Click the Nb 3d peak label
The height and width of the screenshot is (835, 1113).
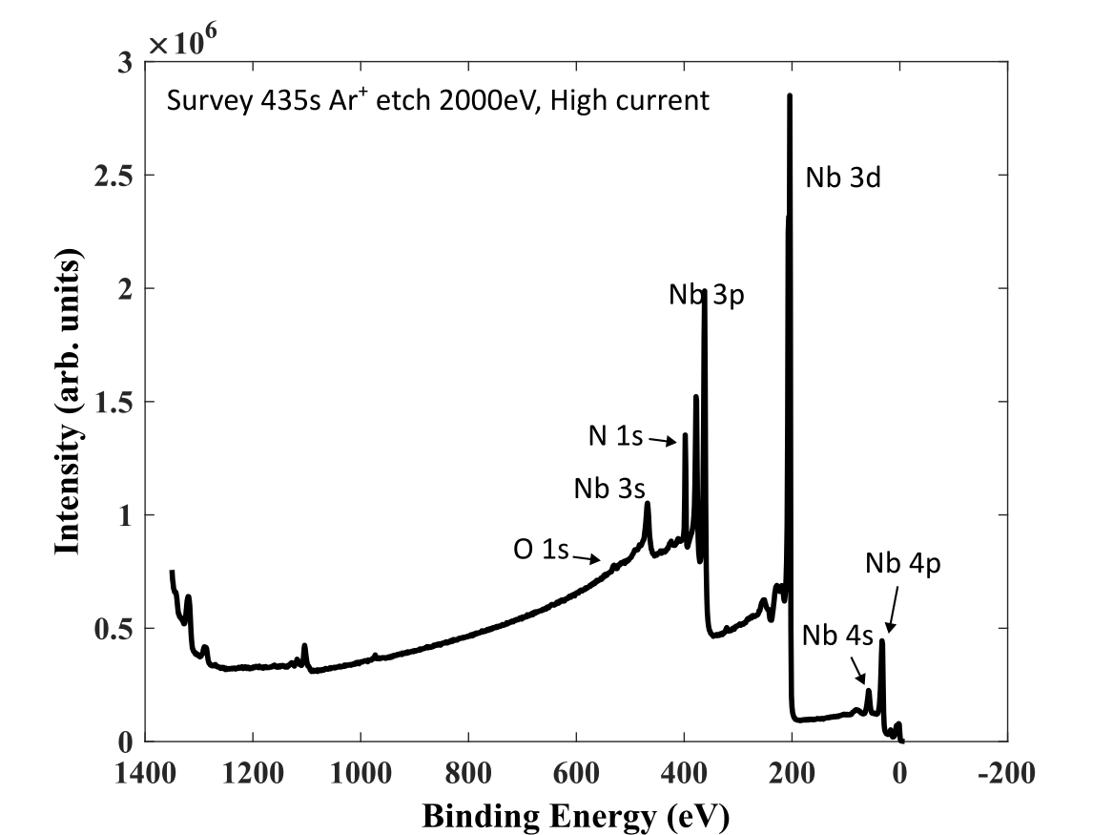[842, 177]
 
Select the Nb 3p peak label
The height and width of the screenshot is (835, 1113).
[707, 295]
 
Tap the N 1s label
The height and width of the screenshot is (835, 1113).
[615, 436]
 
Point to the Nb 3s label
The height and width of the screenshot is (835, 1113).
[609, 489]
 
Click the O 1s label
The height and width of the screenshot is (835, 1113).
[541, 549]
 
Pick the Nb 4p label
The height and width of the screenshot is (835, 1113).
[903, 563]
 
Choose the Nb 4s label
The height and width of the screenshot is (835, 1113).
[837, 636]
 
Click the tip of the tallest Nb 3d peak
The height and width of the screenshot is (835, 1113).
[790, 95]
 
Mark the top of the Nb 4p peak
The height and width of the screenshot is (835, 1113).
[881, 640]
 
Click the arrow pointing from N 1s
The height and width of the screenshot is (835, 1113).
[662, 441]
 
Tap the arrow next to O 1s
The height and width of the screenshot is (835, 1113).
[587, 558]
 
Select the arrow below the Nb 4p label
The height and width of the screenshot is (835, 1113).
[893, 609]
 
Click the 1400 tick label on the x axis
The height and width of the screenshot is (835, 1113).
[146, 773]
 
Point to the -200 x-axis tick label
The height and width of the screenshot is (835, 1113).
[1007, 773]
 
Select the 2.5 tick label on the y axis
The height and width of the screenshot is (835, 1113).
[113, 177]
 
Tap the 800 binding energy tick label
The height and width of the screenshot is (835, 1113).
[468, 773]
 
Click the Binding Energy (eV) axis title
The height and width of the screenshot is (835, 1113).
[576, 817]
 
